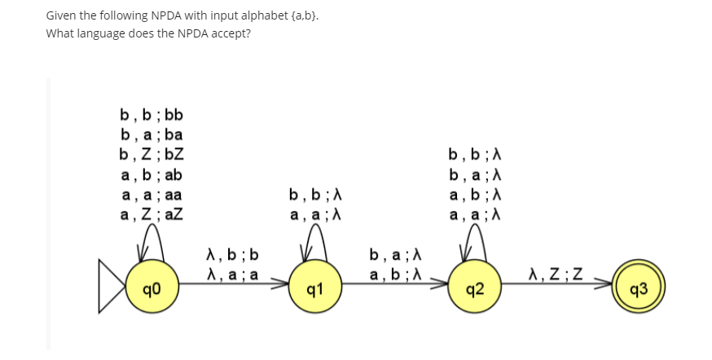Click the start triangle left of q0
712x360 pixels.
point(112,286)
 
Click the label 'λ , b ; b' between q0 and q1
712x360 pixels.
point(232,255)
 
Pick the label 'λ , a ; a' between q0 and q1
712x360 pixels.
point(232,274)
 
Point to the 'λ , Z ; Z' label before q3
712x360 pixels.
point(556,273)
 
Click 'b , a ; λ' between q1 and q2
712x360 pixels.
point(395,255)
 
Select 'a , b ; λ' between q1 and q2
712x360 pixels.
point(395,274)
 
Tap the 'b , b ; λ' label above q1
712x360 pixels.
point(314,195)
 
